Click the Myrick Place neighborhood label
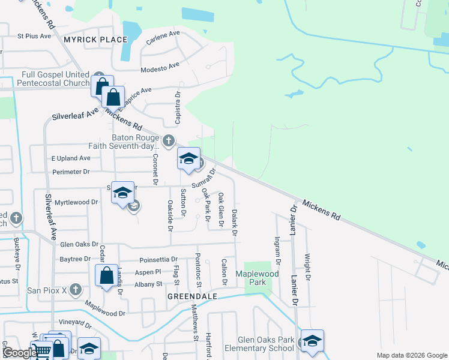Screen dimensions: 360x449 click(95, 40)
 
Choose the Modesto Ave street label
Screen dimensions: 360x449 click(160, 68)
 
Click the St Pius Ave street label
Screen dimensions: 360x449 click(35, 36)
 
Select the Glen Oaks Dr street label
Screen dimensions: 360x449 click(79, 244)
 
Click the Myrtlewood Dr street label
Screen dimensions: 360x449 click(76, 203)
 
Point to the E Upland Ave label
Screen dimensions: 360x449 click(70, 158)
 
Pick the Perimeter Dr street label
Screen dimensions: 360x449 click(71, 172)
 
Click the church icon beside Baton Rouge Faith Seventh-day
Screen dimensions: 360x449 click(169, 141)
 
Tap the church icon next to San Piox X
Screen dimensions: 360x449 click(75, 290)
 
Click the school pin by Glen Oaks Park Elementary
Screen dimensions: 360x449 click(312, 341)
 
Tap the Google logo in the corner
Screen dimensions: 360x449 click(19, 353)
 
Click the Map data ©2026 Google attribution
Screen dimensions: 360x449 click(411, 355)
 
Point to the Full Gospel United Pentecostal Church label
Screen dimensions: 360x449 click(55, 79)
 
